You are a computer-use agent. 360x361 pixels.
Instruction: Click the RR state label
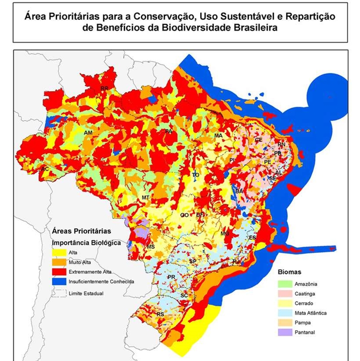coord(104,89)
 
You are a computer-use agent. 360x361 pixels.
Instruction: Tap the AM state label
coord(88,132)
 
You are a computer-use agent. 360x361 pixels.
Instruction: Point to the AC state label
coord(46,169)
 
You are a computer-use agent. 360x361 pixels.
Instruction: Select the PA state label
coord(168,131)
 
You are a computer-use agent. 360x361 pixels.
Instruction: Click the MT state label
coord(146,198)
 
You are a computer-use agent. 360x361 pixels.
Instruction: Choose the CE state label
coord(258,140)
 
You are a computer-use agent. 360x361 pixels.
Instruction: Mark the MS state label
coord(151,246)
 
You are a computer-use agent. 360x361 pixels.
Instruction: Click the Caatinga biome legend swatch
coord(286,293)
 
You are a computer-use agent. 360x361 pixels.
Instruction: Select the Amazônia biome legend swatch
coord(286,284)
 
